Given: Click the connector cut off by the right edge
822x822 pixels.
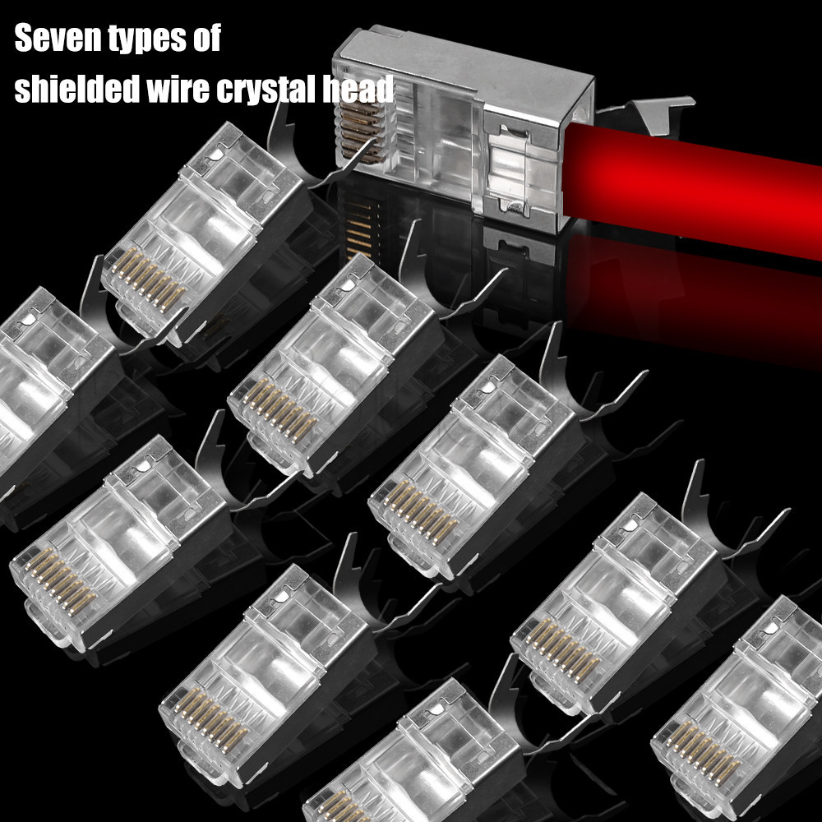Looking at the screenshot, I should click(740, 715).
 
